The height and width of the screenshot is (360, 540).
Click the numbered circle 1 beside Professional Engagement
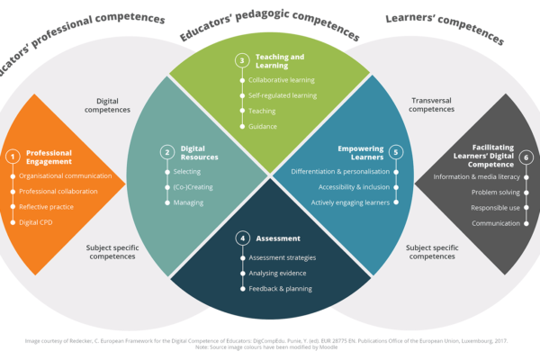13,156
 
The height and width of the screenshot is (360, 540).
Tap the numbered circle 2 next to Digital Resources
166,152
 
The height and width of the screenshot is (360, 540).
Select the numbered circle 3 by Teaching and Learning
241,60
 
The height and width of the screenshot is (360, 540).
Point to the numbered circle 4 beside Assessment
242,238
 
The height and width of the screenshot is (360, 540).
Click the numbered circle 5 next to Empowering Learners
394,152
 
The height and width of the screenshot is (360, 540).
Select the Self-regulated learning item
281,95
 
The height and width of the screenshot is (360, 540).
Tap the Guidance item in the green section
263,127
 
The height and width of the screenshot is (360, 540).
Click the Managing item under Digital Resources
189,202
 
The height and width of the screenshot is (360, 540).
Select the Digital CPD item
36,221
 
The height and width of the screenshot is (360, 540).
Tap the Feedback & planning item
280,289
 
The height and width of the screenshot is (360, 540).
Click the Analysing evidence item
278,273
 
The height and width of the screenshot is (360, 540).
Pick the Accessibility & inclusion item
354,187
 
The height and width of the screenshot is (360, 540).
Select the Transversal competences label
432,104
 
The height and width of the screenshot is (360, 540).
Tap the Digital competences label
113,104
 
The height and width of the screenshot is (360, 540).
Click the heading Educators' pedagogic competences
270,25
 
